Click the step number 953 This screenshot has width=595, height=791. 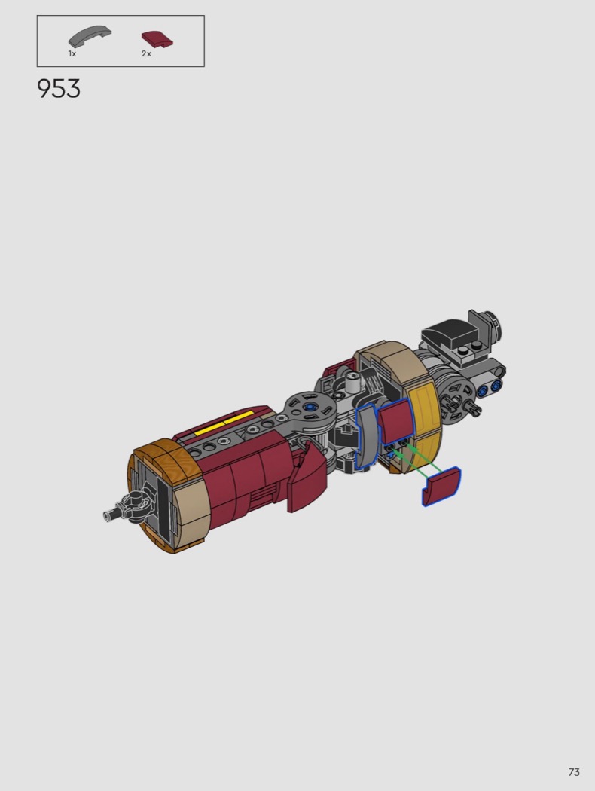pyautogui.click(x=59, y=89)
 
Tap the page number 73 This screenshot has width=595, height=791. pyautogui.click(x=574, y=772)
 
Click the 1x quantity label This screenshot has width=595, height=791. pyautogui.click(x=72, y=54)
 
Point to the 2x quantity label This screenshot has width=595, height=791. pyautogui.click(x=146, y=54)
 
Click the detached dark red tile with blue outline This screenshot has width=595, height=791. pyautogui.click(x=441, y=487)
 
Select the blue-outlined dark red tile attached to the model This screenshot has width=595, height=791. pyautogui.click(x=395, y=422)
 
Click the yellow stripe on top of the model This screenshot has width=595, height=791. pyautogui.click(x=224, y=423)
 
